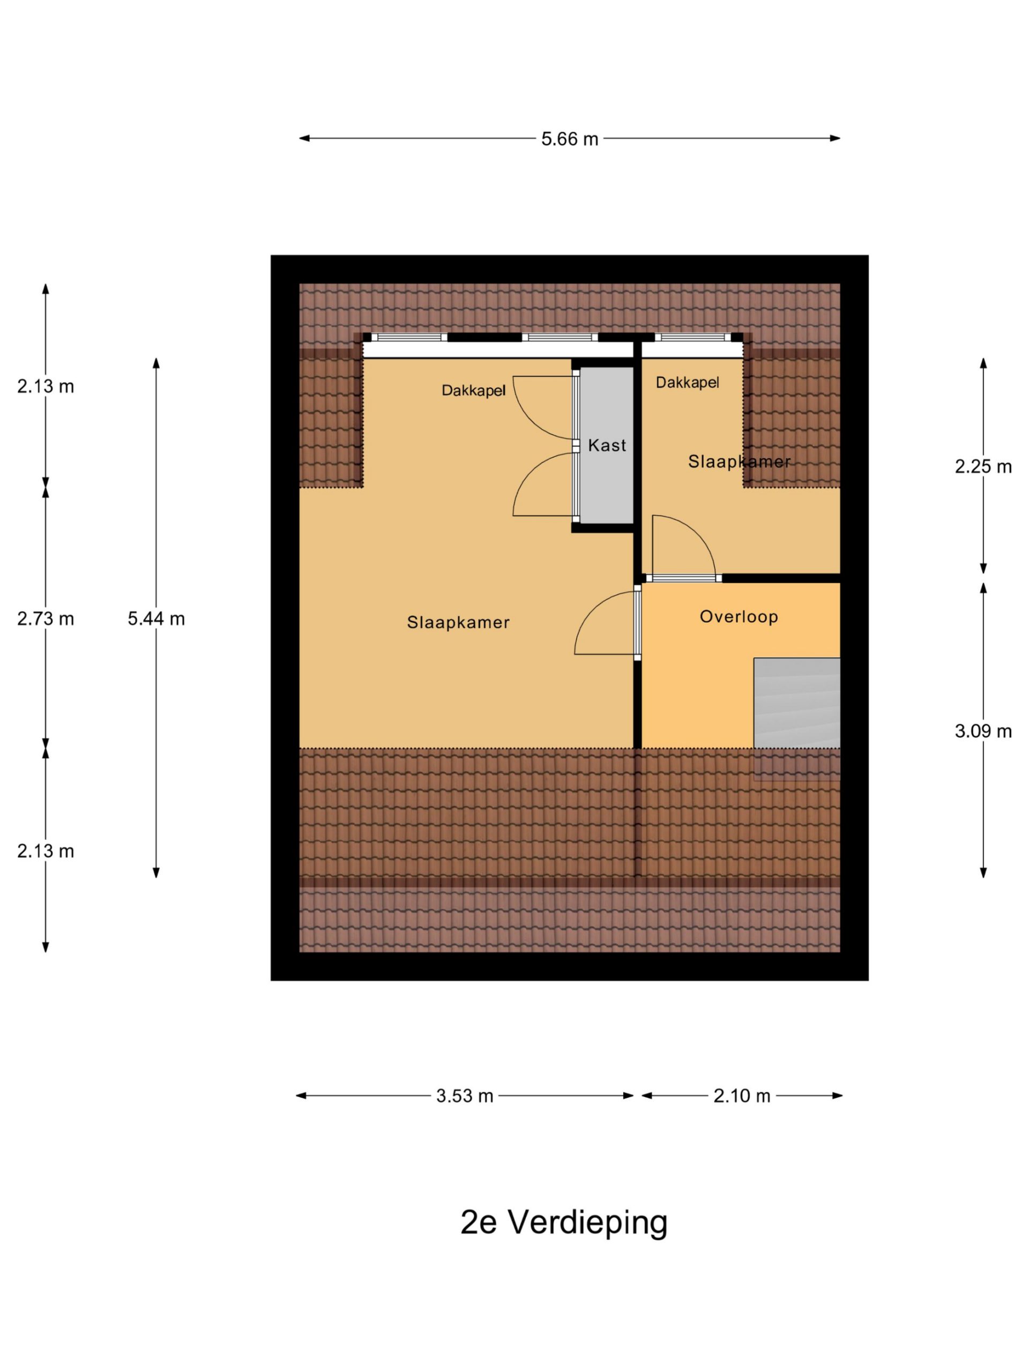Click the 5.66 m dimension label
(x=569, y=139)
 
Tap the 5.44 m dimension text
(x=156, y=618)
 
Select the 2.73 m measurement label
(x=45, y=618)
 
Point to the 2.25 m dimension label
(x=983, y=466)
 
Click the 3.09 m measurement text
(x=983, y=731)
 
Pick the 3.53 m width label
(x=465, y=1096)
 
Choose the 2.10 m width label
(x=742, y=1096)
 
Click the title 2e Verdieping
(x=564, y=1222)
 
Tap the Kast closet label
(x=607, y=445)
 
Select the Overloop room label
(x=739, y=616)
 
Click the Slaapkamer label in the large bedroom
(x=458, y=622)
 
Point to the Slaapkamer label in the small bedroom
(x=740, y=461)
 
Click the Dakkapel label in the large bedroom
(x=473, y=390)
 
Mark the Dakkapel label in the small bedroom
(x=687, y=382)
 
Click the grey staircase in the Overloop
(x=796, y=703)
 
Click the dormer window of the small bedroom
(x=692, y=338)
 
